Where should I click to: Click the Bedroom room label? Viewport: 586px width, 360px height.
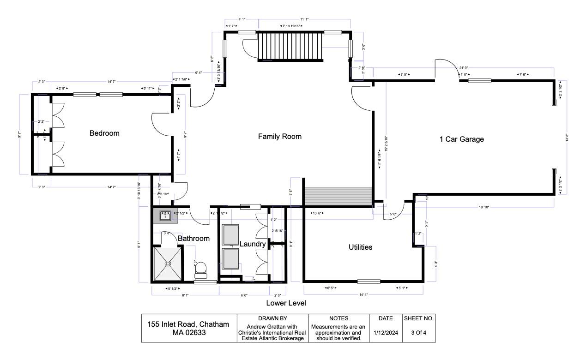click(104, 133)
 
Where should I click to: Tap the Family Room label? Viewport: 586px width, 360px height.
click(279, 136)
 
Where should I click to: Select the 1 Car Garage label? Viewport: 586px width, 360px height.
click(461, 139)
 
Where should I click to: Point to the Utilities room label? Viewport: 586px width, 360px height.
click(360, 247)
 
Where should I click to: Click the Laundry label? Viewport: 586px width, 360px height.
click(253, 244)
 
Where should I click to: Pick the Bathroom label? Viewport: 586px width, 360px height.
click(193, 239)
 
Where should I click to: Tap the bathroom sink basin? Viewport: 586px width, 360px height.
click(166, 215)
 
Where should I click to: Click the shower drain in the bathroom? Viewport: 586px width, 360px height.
click(168, 264)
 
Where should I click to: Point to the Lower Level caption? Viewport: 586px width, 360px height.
click(286, 303)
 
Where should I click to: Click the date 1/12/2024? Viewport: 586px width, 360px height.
click(386, 332)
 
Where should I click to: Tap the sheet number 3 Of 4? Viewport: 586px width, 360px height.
click(418, 332)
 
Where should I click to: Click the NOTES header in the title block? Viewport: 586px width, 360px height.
click(338, 318)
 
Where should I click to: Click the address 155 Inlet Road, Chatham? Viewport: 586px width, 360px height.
click(188, 324)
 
